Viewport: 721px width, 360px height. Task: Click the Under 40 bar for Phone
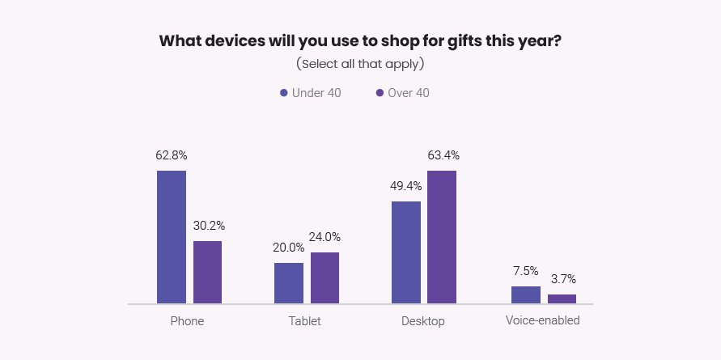pyautogui.click(x=172, y=238)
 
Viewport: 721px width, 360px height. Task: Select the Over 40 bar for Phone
pyautogui.click(x=207, y=273)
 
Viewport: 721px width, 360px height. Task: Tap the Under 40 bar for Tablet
pyautogui.click(x=289, y=283)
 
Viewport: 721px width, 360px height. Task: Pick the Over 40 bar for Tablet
pyautogui.click(x=324, y=278)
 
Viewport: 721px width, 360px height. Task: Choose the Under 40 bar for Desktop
pyautogui.click(x=406, y=252)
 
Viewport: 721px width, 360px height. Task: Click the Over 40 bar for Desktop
pyautogui.click(x=442, y=238)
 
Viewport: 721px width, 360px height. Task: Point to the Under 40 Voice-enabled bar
pyautogui.click(x=525, y=295)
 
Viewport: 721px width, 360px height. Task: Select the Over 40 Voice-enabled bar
pyautogui.click(x=562, y=299)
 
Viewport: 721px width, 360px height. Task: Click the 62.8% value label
pyautogui.click(x=172, y=155)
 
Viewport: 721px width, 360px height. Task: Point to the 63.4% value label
pyautogui.click(x=443, y=155)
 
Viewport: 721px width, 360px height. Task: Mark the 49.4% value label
pyautogui.click(x=405, y=185)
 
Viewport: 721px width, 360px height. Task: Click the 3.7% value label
pyautogui.click(x=562, y=279)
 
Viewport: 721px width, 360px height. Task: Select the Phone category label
pyautogui.click(x=187, y=321)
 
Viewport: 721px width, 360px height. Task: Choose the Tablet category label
pyautogui.click(x=304, y=321)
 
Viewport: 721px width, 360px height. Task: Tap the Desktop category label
pyautogui.click(x=423, y=321)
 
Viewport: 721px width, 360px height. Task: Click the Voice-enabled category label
pyautogui.click(x=543, y=320)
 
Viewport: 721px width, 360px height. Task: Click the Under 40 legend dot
pyautogui.click(x=284, y=93)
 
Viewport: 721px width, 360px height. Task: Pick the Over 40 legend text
pyautogui.click(x=409, y=93)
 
